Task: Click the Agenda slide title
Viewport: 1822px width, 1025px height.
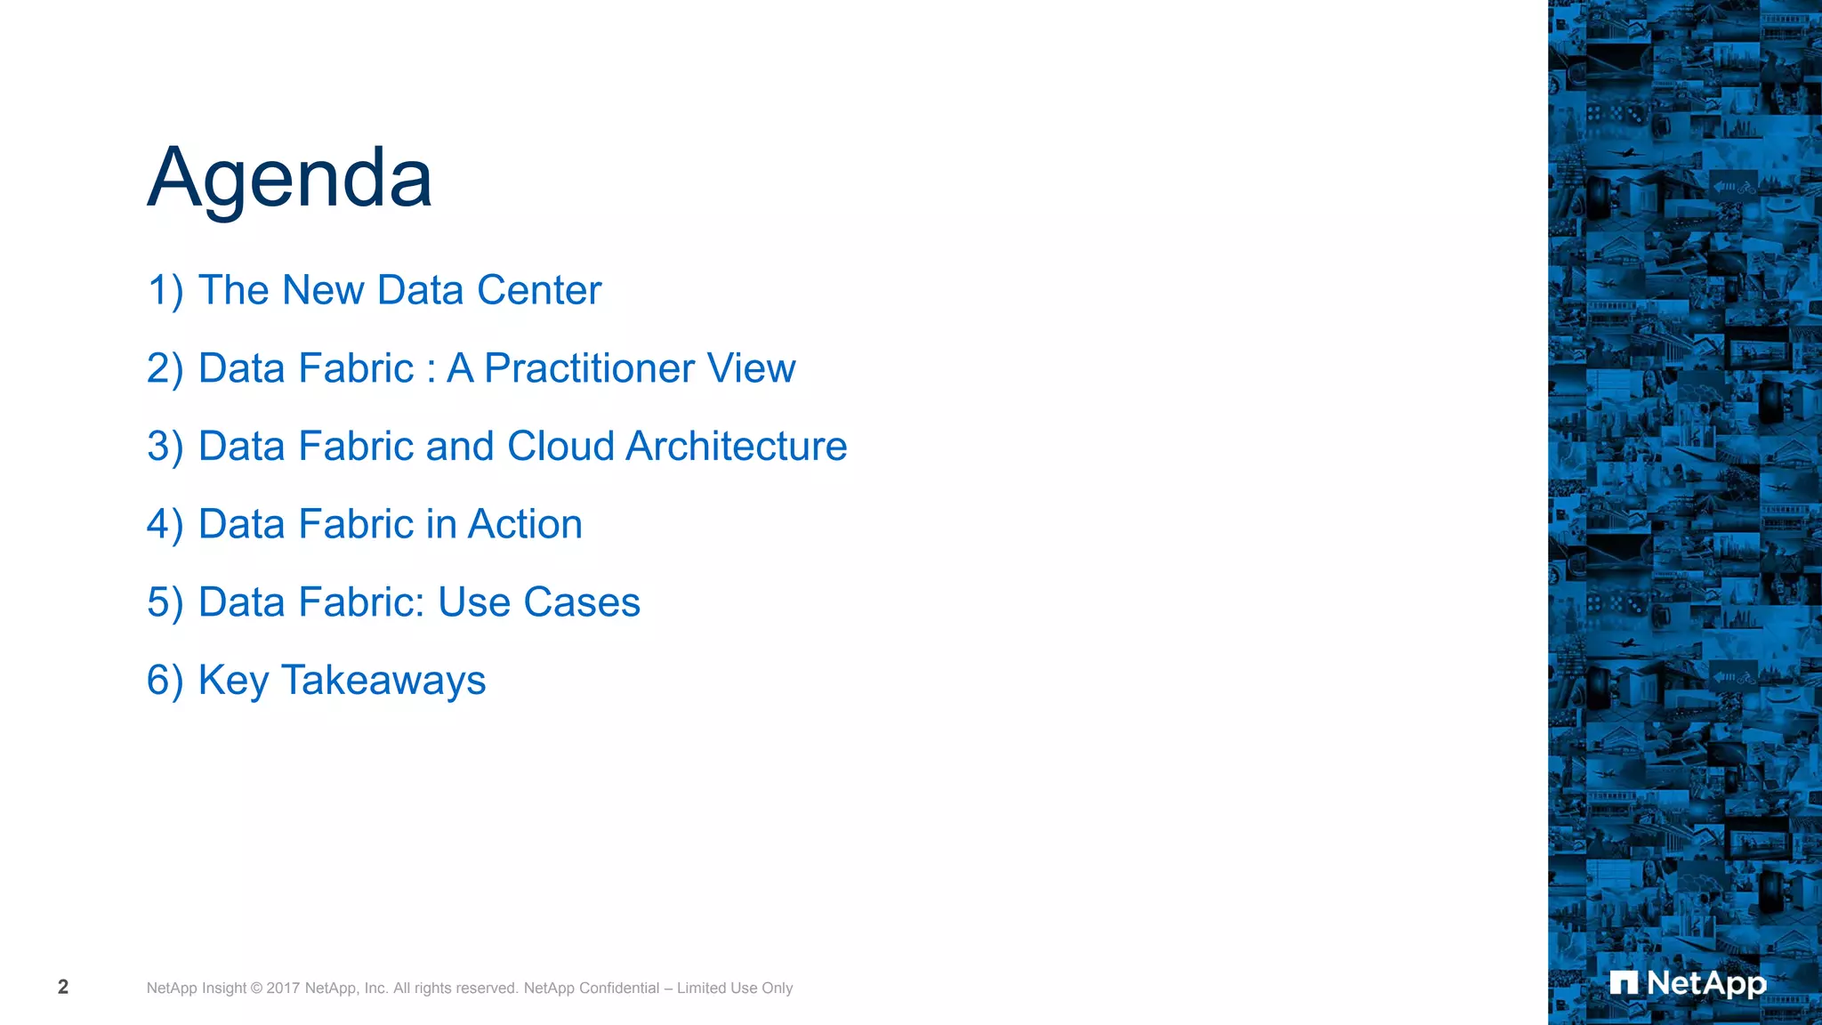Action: pyautogui.click(x=289, y=178)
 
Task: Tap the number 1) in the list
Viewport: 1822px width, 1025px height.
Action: pyautogui.click(x=165, y=291)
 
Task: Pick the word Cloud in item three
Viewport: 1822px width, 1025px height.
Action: pyautogui.click(x=560, y=446)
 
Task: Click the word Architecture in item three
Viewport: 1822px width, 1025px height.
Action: pyautogui.click(x=736, y=446)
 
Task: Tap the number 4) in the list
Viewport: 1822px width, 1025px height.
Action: pyautogui.click(x=165, y=525)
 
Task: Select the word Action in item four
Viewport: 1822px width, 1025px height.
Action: pyautogui.click(x=525, y=524)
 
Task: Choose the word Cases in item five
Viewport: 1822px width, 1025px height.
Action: pyautogui.click(x=582, y=602)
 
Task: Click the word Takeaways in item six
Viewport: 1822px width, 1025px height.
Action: pyautogui.click(x=383, y=681)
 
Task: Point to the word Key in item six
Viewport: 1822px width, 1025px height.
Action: pyautogui.click(x=233, y=681)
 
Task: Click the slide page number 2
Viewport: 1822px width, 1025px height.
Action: pyautogui.click(x=63, y=987)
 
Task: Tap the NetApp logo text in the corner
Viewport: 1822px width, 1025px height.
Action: pyautogui.click(x=1706, y=983)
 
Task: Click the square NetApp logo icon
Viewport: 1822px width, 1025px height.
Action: pyautogui.click(x=1624, y=983)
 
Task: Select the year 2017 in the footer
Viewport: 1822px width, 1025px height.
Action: pyautogui.click(x=283, y=989)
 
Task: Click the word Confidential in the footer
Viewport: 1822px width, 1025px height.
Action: pyautogui.click(x=619, y=989)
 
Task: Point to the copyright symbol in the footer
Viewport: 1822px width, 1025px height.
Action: pyautogui.click(x=256, y=989)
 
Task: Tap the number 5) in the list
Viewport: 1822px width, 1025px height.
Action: pyautogui.click(x=165, y=602)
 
